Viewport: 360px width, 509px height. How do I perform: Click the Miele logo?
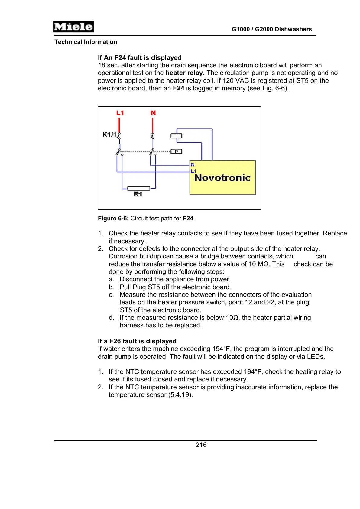point(73,27)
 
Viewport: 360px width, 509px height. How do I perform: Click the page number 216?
point(201,445)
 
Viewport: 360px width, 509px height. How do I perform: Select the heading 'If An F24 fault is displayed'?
point(140,58)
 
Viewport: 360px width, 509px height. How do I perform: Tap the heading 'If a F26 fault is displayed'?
point(137,341)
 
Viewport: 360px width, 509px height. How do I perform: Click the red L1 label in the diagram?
point(120,113)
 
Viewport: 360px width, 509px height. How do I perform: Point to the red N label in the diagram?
point(153,113)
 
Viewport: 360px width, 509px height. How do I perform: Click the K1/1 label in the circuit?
point(109,134)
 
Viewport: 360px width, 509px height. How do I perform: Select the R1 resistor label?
point(138,194)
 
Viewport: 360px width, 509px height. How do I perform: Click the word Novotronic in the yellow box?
point(223,178)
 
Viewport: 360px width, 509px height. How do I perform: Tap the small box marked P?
point(176,151)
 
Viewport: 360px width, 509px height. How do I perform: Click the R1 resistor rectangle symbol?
point(138,189)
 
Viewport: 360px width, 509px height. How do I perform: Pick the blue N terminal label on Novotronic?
point(193,165)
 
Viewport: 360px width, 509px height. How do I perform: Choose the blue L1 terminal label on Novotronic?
point(193,171)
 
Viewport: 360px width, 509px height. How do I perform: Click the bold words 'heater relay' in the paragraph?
point(184,73)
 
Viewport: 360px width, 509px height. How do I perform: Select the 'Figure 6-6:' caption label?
point(113,218)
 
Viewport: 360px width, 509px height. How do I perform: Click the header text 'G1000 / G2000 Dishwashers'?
point(272,29)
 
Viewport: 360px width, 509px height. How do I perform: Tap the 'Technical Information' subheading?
point(86,42)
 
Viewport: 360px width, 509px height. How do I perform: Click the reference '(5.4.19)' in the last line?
point(180,395)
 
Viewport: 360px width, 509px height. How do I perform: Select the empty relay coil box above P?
point(176,136)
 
